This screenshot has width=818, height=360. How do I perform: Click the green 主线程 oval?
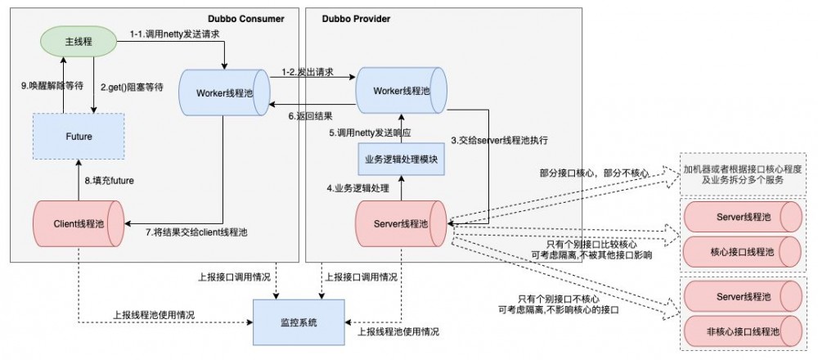78,40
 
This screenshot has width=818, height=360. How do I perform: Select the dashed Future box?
79,137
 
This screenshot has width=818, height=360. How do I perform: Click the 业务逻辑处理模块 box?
401,159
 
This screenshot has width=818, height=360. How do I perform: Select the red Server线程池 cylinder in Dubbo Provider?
401,223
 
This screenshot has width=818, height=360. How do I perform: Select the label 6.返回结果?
309,116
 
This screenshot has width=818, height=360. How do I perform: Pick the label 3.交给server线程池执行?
499,141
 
